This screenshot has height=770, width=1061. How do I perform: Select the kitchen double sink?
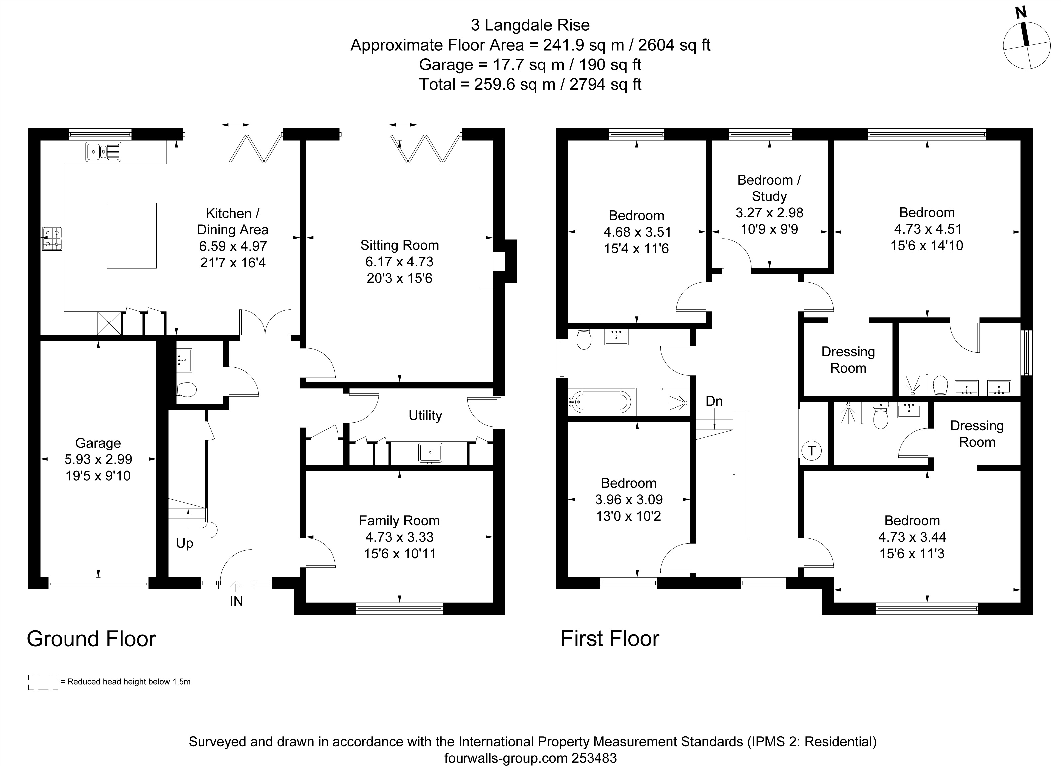click(x=103, y=152)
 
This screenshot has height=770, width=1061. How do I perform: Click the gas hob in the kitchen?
click(x=53, y=238)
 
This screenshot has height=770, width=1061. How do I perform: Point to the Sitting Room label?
click(x=400, y=245)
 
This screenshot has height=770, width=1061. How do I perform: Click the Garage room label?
click(x=98, y=443)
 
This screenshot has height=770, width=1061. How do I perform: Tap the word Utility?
click(x=425, y=415)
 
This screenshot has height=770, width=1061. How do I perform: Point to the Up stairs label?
click(x=184, y=544)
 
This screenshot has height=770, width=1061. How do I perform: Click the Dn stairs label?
click(x=714, y=401)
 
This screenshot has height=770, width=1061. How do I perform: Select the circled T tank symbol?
click(x=812, y=451)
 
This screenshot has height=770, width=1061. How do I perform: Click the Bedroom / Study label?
click(x=769, y=188)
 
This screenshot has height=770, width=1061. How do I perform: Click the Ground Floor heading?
click(x=91, y=639)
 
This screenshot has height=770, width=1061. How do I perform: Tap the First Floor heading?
click(x=610, y=639)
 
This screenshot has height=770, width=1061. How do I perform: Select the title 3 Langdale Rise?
click(x=531, y=25)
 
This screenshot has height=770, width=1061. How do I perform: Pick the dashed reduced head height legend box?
click(x=43, y=682)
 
